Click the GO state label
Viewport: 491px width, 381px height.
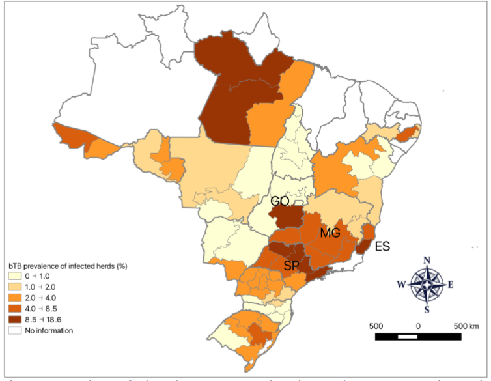[x=279, y=203]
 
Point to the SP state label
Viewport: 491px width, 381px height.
[x=292, y=265]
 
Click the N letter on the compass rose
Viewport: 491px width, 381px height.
[x=427, y=261]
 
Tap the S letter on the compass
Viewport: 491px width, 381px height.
[x=427, y=309]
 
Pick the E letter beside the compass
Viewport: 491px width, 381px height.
[x=451, y=285]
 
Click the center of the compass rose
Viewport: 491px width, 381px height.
[x=427, y=285]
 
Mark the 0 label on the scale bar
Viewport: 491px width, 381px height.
[x=417, y=326]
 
